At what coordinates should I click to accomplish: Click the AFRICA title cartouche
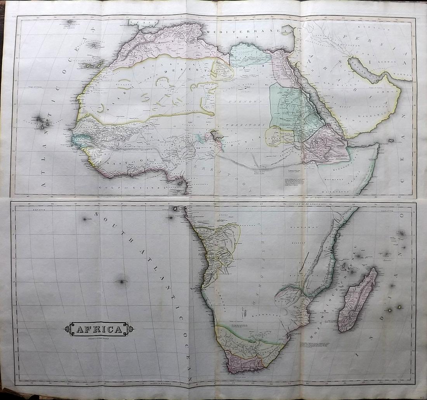99,329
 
